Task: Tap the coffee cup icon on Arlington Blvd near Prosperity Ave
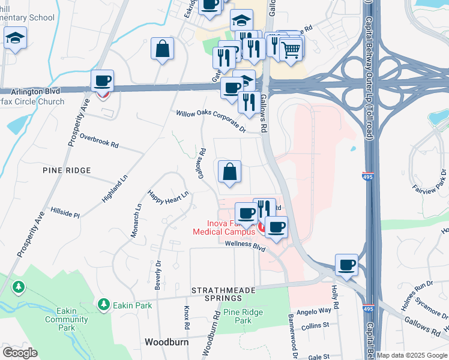pyautogui.click(x=102, y=80)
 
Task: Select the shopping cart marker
pyautogui.click(x=291, y=50)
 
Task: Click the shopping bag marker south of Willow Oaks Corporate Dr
pyautogui.click(x=229, y=172)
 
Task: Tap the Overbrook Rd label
pyautogui.click(x=100, y=141)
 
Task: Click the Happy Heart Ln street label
pyautogui.click(x=169, y=195)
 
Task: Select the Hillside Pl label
pyautogui.click(x=64, y=214)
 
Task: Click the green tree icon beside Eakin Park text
pyautogui.click(x=104, y=305)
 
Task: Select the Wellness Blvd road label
pyautogui.click(x=245, y=244)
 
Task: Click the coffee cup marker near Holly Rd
pyautogui.click(x=346, y=265)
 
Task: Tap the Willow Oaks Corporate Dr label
pyautogui.click(x=211, y=120)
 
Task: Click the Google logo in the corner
pyautogui.click(x=20, y=353)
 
